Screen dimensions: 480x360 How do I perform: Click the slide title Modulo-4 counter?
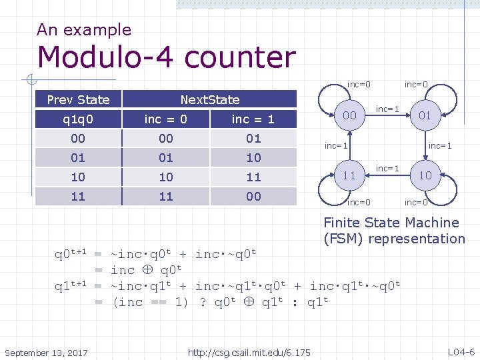point(167,57)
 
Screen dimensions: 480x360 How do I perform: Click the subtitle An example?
point(84,29)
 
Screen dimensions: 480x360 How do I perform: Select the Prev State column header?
point(78,100)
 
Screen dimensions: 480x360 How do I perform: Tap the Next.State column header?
point(209,100)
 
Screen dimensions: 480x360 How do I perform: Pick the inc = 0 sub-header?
point(165,119)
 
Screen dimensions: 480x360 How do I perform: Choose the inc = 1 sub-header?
point(253,119)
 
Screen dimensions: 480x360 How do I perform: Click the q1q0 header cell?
point(78,119)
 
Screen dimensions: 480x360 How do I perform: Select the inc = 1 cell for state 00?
point(253,139)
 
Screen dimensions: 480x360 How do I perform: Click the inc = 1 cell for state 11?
point(253,197)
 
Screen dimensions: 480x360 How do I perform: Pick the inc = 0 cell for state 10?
point(165,177)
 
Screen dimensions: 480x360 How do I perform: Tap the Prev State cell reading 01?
point(78,158)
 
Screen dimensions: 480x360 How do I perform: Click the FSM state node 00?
point(349,116)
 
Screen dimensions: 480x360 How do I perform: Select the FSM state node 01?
point(425,116)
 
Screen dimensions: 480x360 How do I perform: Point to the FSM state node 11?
point(349,175)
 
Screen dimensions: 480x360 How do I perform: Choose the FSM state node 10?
point(425,175)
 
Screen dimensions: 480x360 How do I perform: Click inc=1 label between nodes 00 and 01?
point(387,108)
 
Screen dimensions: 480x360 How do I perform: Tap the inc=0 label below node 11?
point(359,202)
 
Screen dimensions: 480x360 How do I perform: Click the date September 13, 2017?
point(45,352)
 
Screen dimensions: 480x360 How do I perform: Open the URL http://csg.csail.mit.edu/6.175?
point(249,352)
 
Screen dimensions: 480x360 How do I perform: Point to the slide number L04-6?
point(461,352)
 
